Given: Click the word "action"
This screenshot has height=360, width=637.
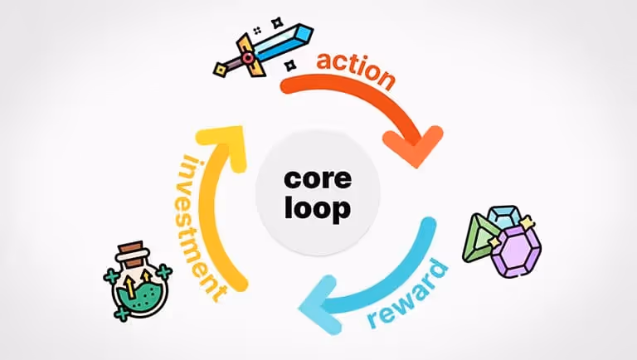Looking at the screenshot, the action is pos(355,71).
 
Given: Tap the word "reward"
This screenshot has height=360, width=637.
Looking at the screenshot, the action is pos(406,294).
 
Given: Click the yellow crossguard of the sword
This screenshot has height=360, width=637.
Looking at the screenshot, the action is pos(247,53).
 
